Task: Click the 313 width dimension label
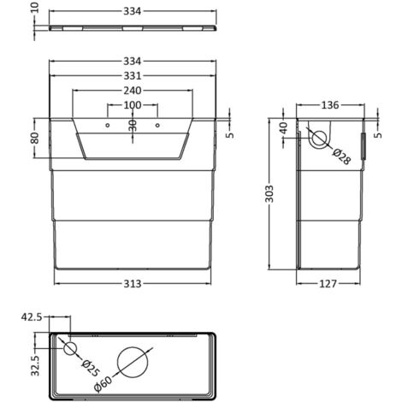(132, 283)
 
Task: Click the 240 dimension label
(132, 92)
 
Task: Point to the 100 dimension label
(132, 106)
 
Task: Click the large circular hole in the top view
(133, 363)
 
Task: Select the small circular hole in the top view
(70, 347)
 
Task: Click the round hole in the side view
(319, 138)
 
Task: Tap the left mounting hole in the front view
(108, 126)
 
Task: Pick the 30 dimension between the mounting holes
(132, 125)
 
